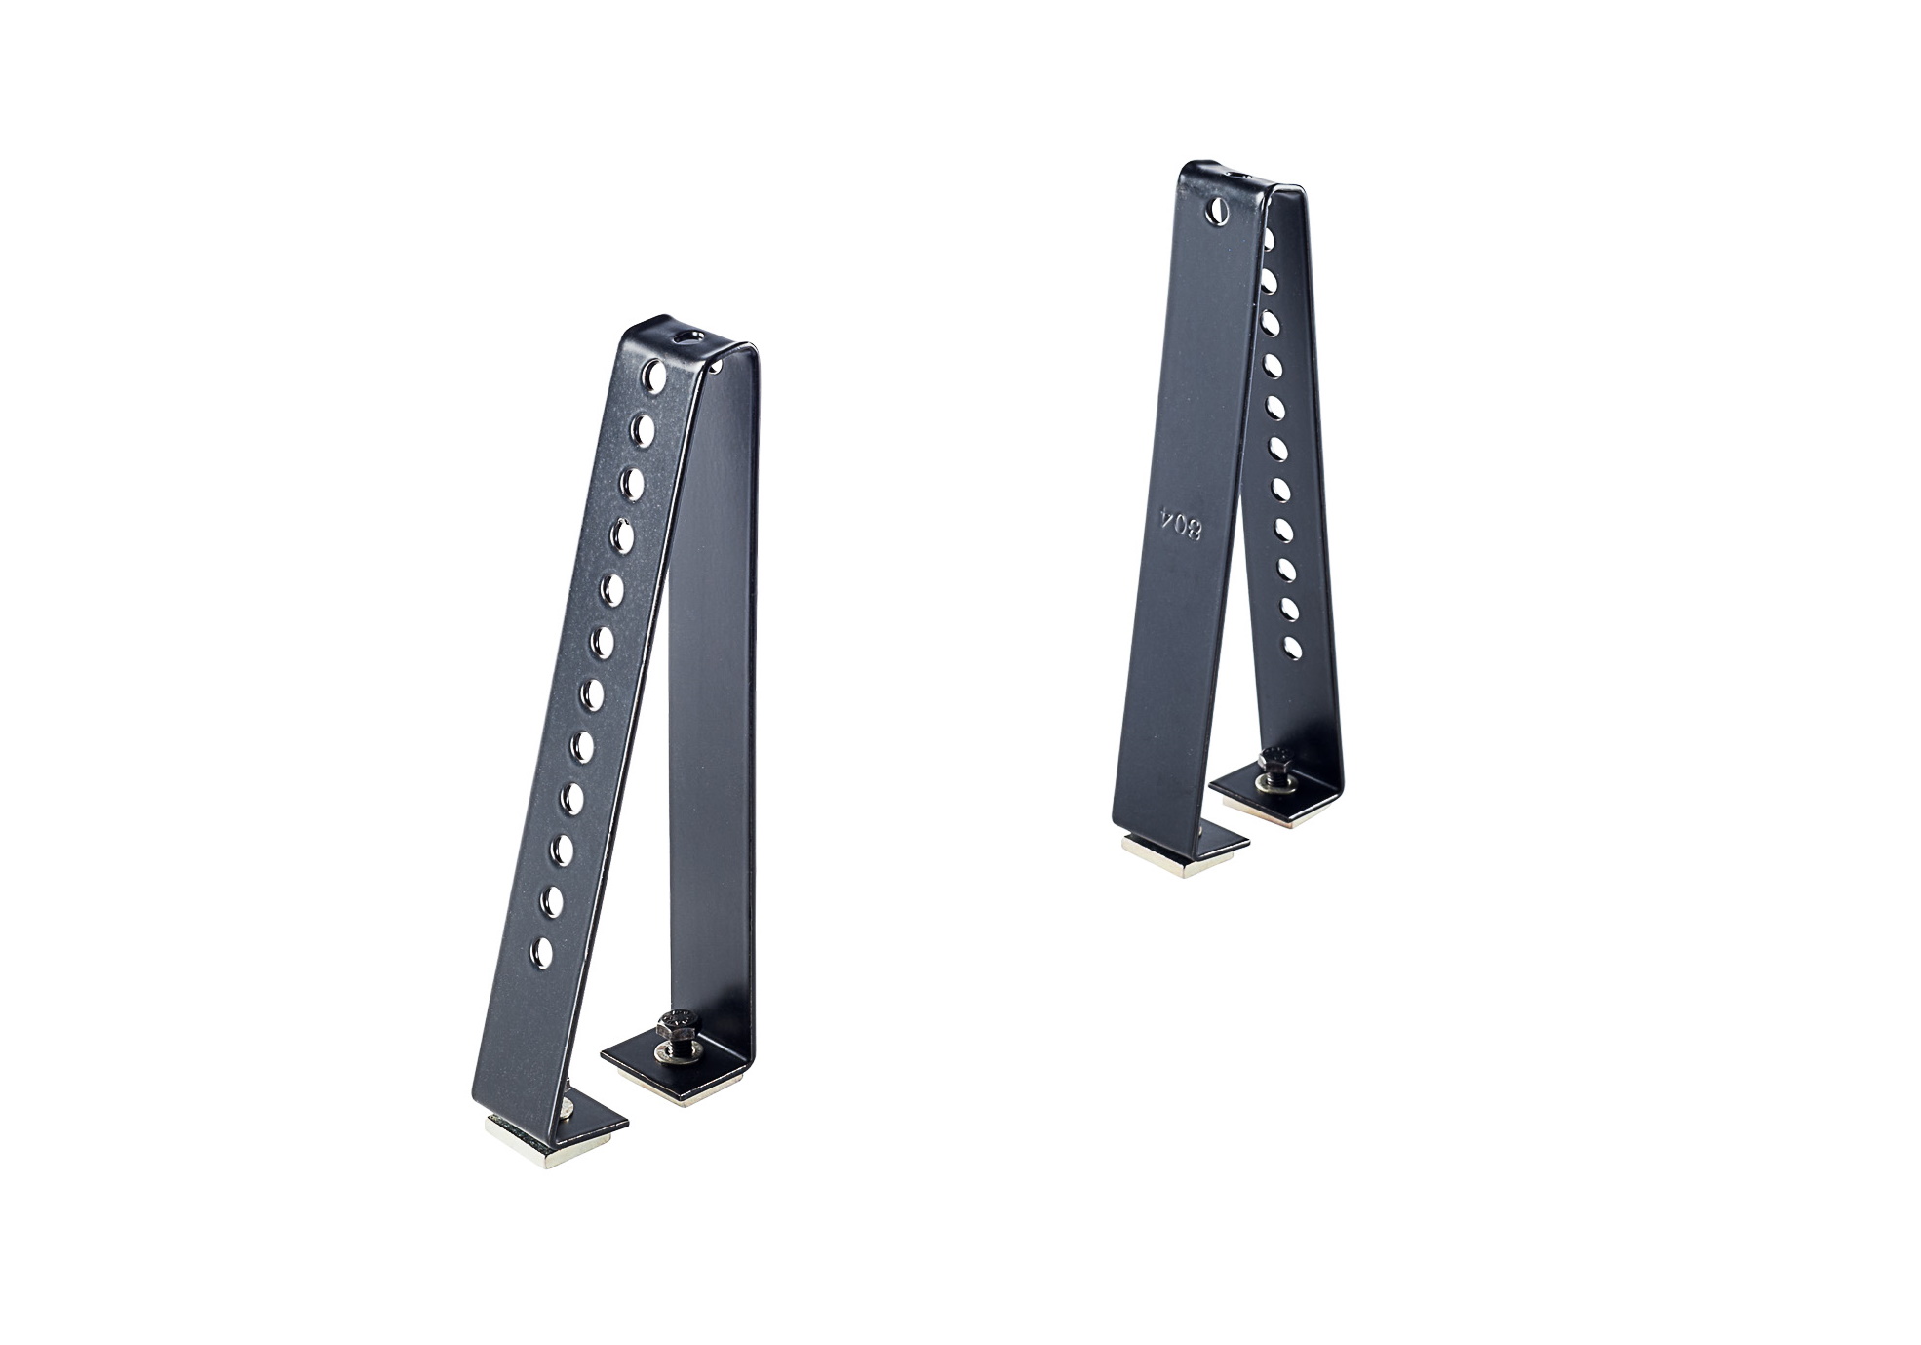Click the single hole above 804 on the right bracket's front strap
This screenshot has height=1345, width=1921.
1219,208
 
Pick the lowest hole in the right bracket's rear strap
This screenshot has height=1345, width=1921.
1293,648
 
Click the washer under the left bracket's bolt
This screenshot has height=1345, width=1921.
672,1050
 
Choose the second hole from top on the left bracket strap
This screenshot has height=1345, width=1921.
644,429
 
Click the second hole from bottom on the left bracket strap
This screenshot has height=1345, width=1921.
552,901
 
